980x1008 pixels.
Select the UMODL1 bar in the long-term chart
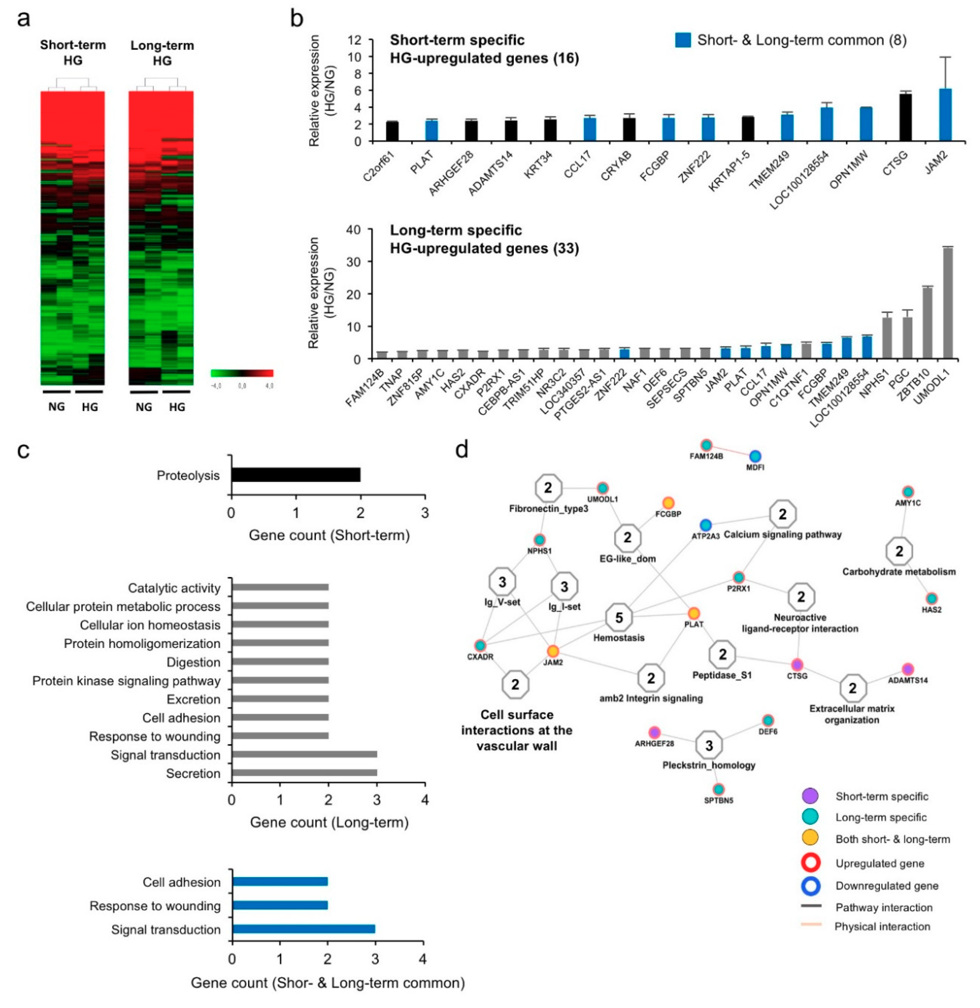[948, 303]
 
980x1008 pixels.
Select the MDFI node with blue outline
[754, 456]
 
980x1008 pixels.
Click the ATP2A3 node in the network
[706, 525]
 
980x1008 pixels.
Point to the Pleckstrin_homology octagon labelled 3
[709, 744]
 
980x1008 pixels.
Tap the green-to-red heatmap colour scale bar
[242, 373]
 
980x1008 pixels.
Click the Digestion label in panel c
[193, 662]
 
